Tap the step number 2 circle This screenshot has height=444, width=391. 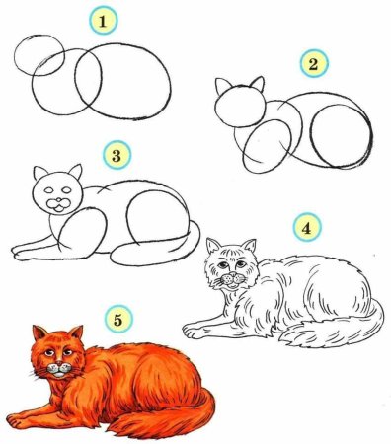pyautogui.click(x=313, y=65)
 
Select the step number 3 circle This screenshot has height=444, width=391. pyautogui.click(x=117, y=154)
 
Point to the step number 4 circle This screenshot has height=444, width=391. pyautogui.click(x=307, y=228)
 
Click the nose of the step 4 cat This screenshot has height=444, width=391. pyautogui.click(x=231, y=277)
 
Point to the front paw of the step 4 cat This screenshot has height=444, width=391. pyautogui.click(x=197, y=325)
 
